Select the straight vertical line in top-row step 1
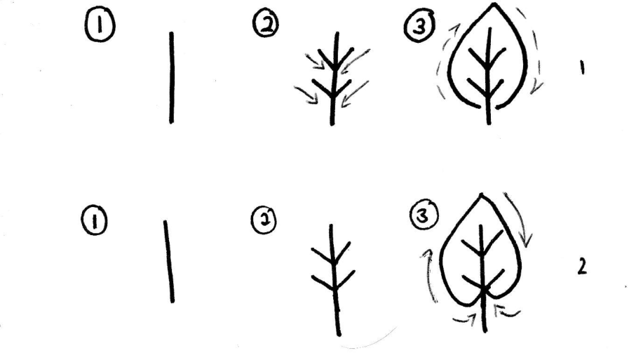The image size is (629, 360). point(171,77)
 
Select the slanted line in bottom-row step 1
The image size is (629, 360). point(168,261)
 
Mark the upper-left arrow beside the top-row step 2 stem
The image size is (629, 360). point(314,62)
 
